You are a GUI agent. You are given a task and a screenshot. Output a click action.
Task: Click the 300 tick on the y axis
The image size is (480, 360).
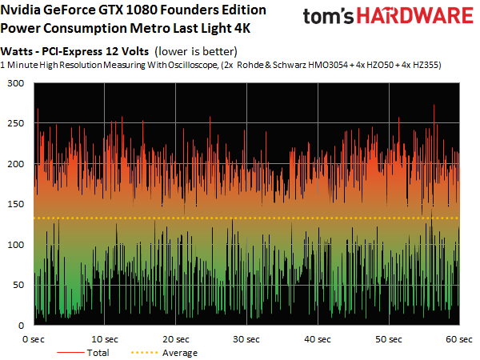[16, 83]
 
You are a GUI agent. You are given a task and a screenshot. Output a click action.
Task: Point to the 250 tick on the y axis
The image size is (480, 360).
[16, 124]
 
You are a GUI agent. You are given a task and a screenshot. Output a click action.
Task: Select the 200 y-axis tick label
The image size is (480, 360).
[16, 164]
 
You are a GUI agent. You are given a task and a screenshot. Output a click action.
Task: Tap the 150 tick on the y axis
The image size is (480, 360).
[16, 205]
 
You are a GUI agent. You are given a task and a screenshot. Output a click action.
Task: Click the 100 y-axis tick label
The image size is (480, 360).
[16, 245]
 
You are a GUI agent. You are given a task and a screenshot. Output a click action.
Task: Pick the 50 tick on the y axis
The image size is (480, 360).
[18, 286]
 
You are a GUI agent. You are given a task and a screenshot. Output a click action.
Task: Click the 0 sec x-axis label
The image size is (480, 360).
[34, 338]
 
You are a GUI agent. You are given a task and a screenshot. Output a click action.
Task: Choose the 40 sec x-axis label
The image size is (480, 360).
[318, 338]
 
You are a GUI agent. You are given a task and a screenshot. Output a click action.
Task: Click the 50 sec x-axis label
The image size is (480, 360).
[390, 338]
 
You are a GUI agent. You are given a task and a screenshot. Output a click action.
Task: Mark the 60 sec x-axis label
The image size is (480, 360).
[458, 338]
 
